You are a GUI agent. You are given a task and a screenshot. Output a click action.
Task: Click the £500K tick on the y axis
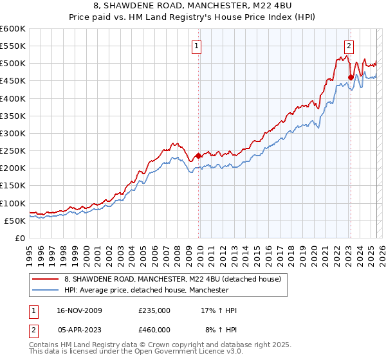[x=13, y=64]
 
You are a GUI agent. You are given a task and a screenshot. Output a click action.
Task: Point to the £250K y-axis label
[x=13, y=151]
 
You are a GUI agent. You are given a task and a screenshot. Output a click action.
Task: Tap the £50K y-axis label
[x=15, y=221]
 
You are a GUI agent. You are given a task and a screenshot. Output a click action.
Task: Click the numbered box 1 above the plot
[x=196, y=46]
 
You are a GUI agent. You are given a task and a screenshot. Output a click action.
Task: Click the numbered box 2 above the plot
[x=349, y=46]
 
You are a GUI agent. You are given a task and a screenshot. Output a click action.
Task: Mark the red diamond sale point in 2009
[x=198, y=156]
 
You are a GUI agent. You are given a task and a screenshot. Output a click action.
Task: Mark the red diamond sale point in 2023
[x=351, y=77]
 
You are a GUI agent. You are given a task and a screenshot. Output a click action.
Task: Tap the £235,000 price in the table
[x=154, y=311]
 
